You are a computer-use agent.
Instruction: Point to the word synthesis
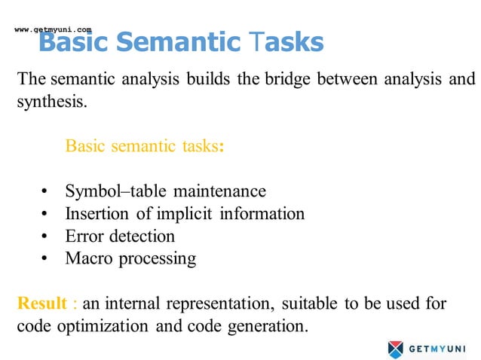[x=51, y=101]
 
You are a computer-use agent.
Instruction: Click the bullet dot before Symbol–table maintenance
[x=46, y=192]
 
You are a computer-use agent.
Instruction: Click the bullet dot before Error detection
[x=46, y=237]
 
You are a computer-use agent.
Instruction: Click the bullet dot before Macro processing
[x=46, y=260]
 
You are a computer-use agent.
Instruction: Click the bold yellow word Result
[x=43, y=304]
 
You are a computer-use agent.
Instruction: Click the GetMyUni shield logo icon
[x=396, y=349]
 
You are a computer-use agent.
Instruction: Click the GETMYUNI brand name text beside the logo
[x=438, y=349]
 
